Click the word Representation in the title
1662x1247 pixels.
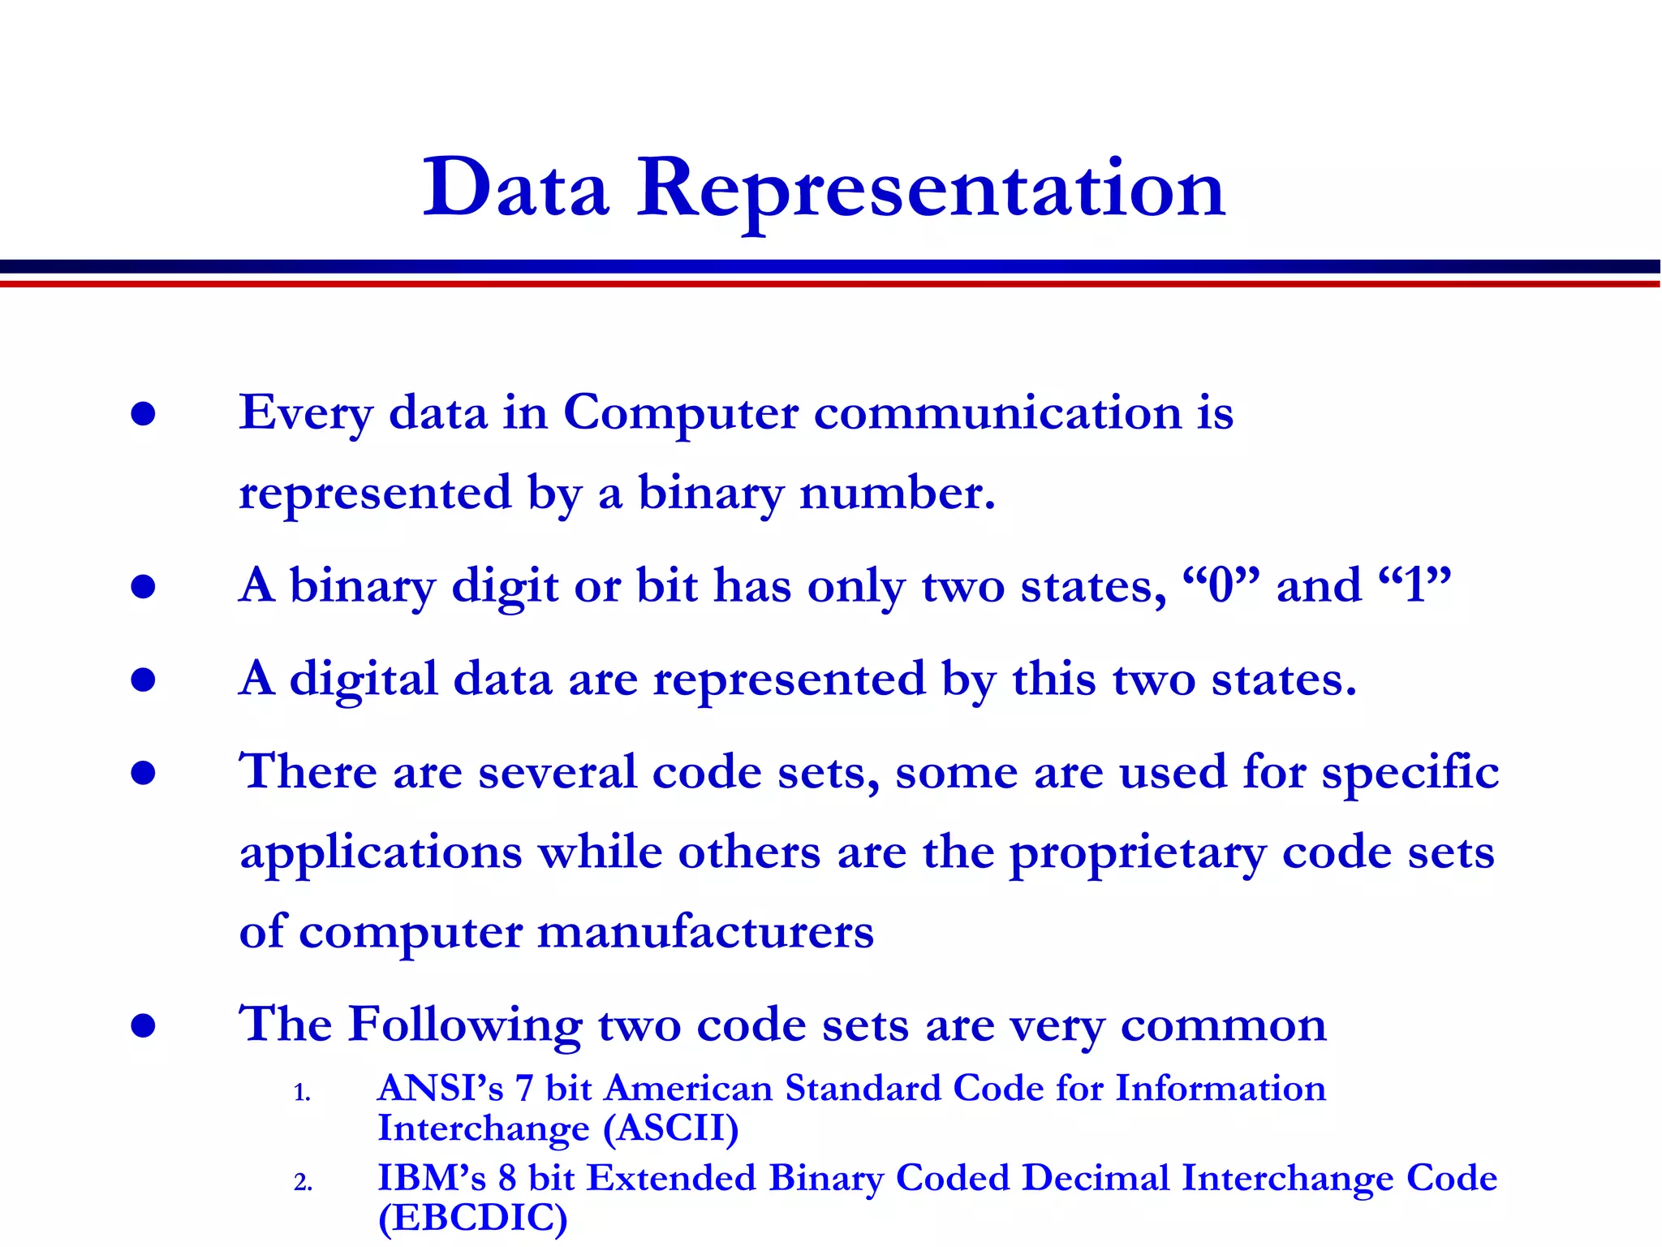tap(931, 191)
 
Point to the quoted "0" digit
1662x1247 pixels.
tap(1221, 585)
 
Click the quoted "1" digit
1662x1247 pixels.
tap(1414, 585)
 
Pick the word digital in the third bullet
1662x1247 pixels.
tap(364, 679)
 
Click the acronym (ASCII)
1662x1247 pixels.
tap(670, 1128)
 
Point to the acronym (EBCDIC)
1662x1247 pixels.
tap(472, 1218)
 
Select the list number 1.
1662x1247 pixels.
tap(302, 1093)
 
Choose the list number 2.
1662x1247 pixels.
tap(303, 1183)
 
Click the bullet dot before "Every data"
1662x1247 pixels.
tap(143, 414)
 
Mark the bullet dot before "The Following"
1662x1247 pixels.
tap(143, 1026)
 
